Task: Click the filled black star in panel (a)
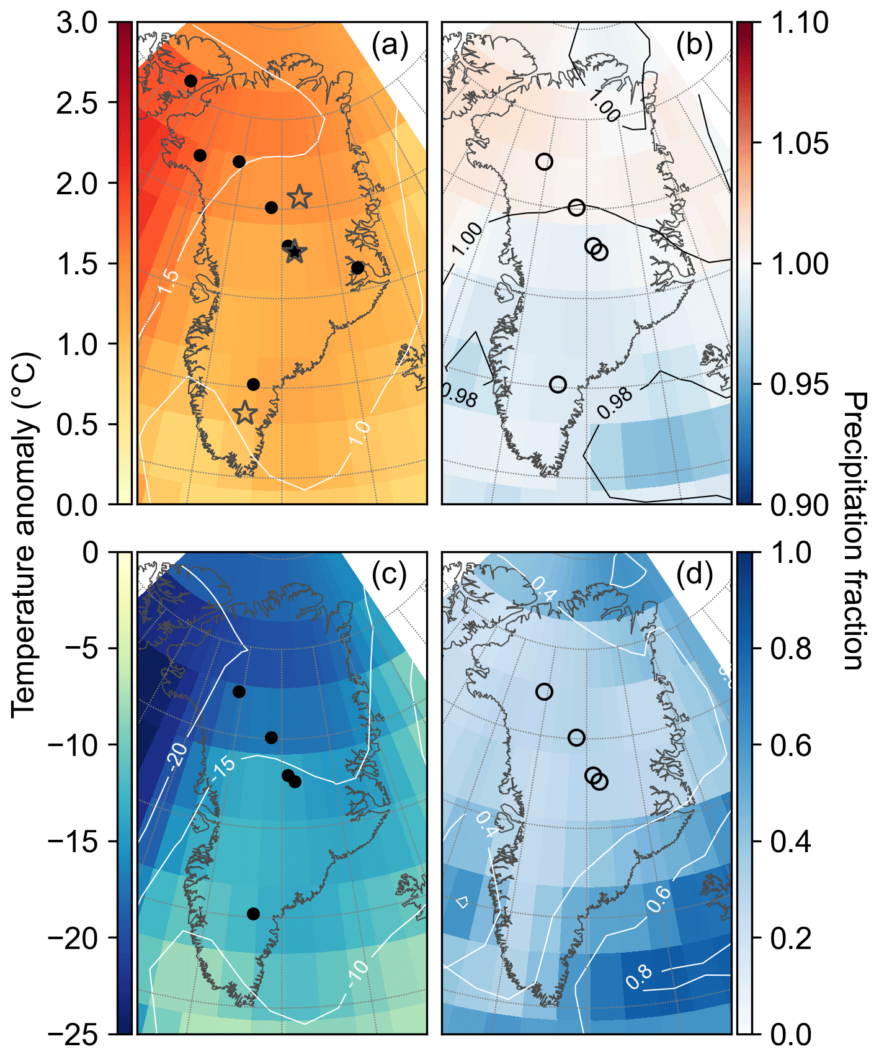[295, 252]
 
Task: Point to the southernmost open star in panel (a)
[245, 413]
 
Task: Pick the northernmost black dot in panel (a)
[190, 81]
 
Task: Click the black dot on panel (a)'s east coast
[357, 268]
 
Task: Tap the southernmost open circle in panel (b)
[558, 384]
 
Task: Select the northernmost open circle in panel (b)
[544, 161]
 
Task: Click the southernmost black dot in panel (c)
[253, 914]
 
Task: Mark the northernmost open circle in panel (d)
[544, 691]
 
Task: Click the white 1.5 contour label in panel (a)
[167, 283]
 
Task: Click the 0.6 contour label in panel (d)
[658, 899]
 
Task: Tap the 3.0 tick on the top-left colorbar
[77, 23]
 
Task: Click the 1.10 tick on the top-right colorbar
[800, 23]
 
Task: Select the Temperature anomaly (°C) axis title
[24, 534]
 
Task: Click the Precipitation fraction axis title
[855, 531]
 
